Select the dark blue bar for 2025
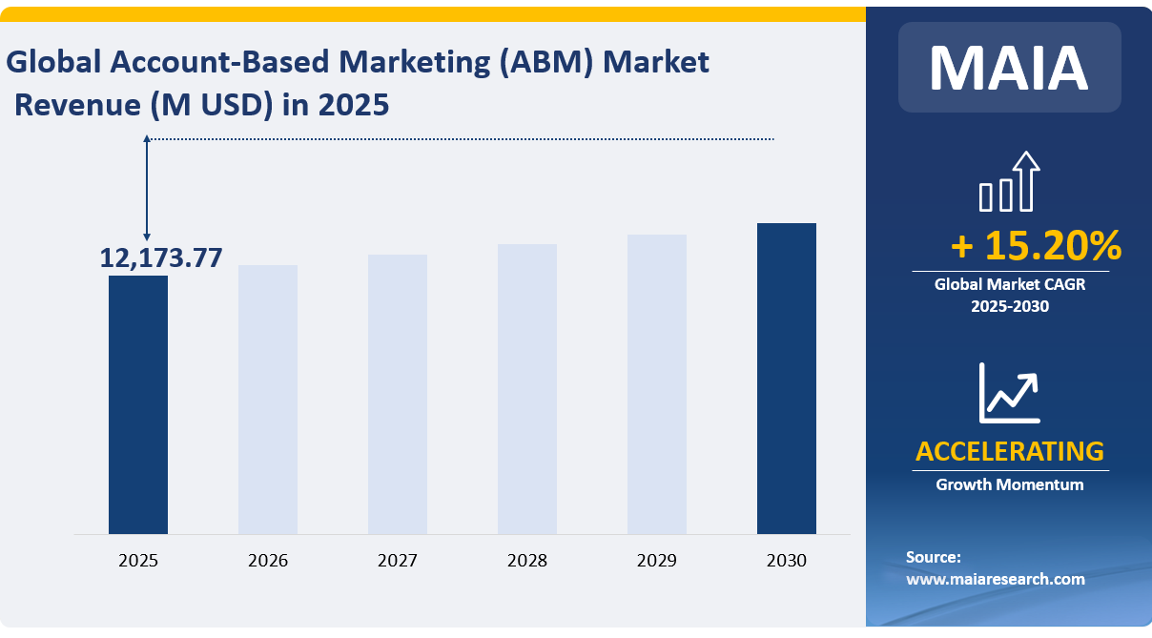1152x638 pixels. coord(138,404)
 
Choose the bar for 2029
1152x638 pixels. coord(657,383)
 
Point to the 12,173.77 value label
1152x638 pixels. coord(161,257)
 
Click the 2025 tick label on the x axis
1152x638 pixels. coord(138,561)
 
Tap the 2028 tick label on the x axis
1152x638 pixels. coord(527,561)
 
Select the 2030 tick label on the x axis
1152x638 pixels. coord(787,561)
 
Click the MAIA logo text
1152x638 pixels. coord(1009,67)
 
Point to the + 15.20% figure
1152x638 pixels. coord(1036,246)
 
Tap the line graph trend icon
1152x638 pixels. coord(1009,392)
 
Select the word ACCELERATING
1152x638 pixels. coord(1009,451)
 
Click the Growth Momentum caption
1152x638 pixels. coord(1009,484)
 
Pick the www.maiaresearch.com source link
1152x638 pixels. coord(995,579)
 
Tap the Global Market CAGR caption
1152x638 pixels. coord(1009,284)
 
